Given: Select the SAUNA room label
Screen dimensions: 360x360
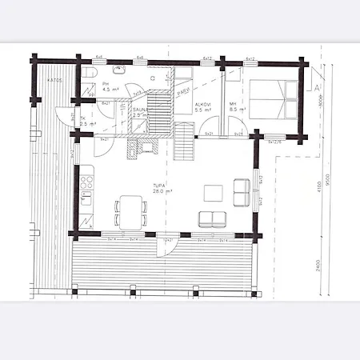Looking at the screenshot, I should pyautogui.click(x=141, y=113).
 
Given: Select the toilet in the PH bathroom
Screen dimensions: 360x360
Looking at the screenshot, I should pyautogui.click(x=90, y=74).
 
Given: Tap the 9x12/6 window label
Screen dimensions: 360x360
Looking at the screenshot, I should pyautogui.click(x=278, y=142).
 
